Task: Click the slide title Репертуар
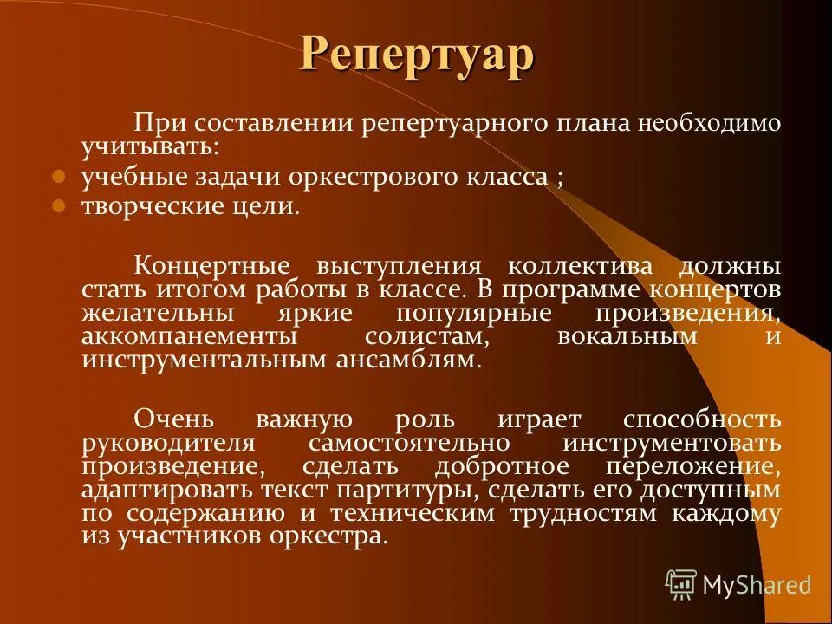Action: tap(417, 54)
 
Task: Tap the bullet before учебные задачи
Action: tap(59, 177)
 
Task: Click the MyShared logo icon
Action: tap(681, 585)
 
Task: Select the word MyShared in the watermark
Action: tap(757, 585)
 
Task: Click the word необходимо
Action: tap(710, 123)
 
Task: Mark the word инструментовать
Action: tap(671, 443)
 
